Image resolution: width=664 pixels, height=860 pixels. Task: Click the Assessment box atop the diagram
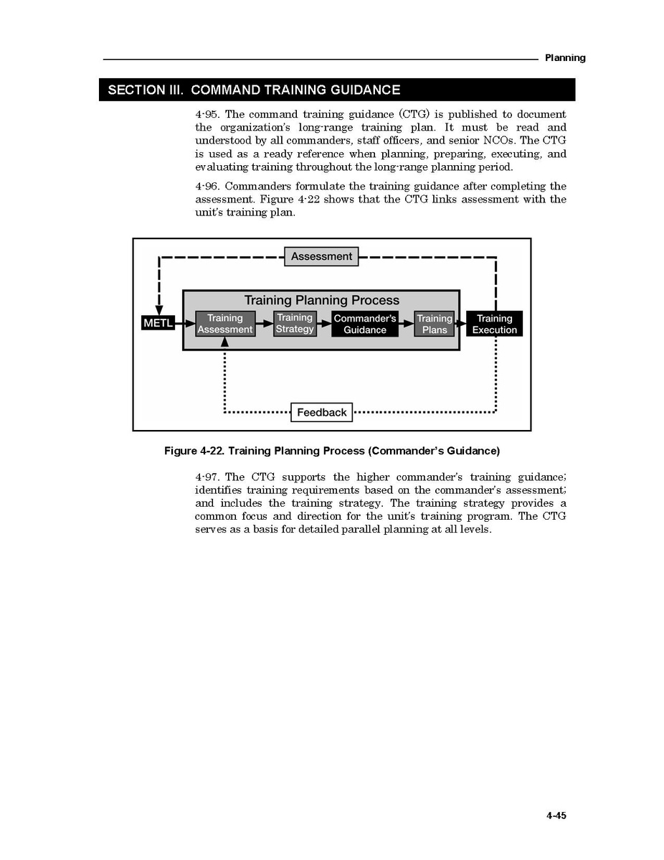321,256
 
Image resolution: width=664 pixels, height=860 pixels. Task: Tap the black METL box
158,324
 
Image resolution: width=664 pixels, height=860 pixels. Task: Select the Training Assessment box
225,324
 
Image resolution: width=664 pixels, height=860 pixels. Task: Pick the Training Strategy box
295,323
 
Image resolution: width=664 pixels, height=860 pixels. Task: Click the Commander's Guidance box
365,324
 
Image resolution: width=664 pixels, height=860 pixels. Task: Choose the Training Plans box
435,324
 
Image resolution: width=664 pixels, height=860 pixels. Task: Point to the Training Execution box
494,324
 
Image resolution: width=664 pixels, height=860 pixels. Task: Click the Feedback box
321,412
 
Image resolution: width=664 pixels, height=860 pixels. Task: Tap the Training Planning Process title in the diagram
321,300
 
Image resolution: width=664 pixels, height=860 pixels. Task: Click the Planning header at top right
564,58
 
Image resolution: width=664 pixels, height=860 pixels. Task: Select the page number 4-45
556,815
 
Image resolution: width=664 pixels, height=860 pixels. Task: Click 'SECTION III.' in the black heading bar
146,90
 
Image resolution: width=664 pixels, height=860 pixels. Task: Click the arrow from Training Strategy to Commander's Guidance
324,324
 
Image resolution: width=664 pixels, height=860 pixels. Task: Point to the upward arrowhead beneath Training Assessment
225,342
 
